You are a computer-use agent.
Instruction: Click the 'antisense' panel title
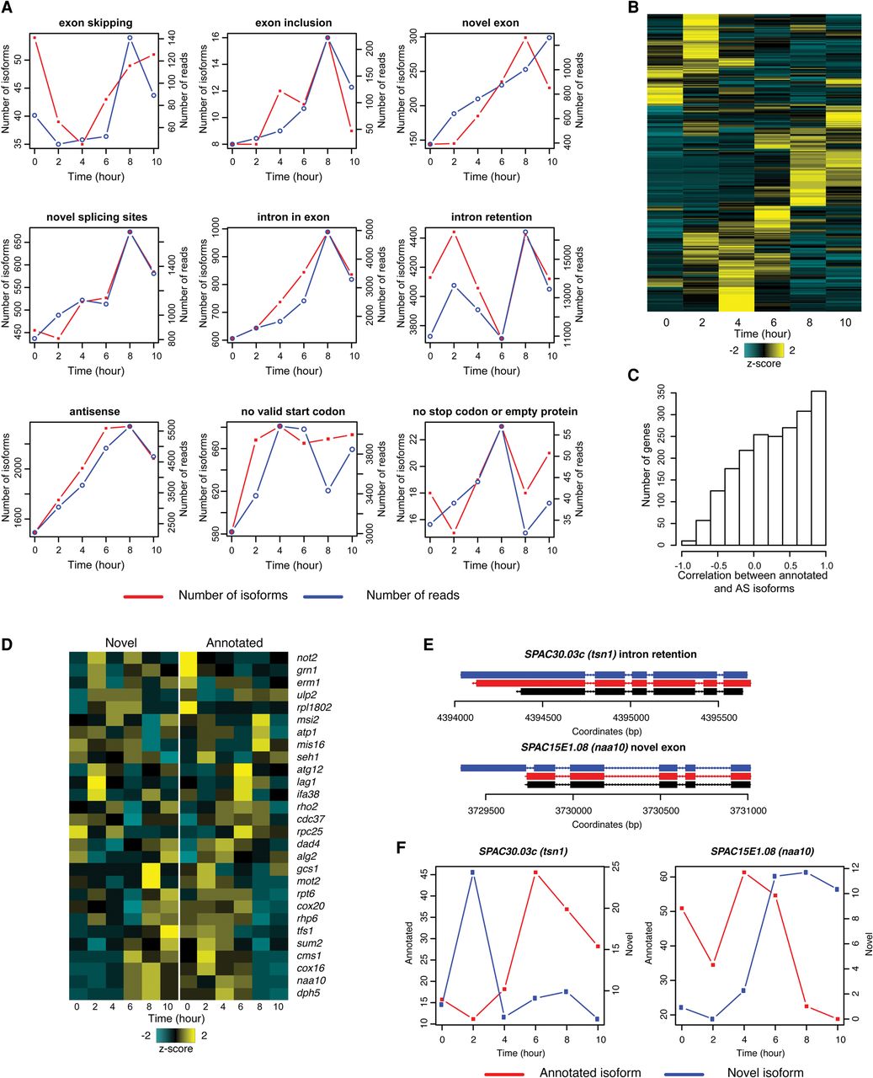[94, 412]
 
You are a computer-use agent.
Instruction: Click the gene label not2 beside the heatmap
[307, 657]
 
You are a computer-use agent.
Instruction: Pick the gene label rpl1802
[314, 707]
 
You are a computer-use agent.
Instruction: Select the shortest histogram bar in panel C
[689, 542]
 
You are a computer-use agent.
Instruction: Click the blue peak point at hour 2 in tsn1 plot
[473, 872]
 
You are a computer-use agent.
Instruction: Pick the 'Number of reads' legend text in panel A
[413, 595]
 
